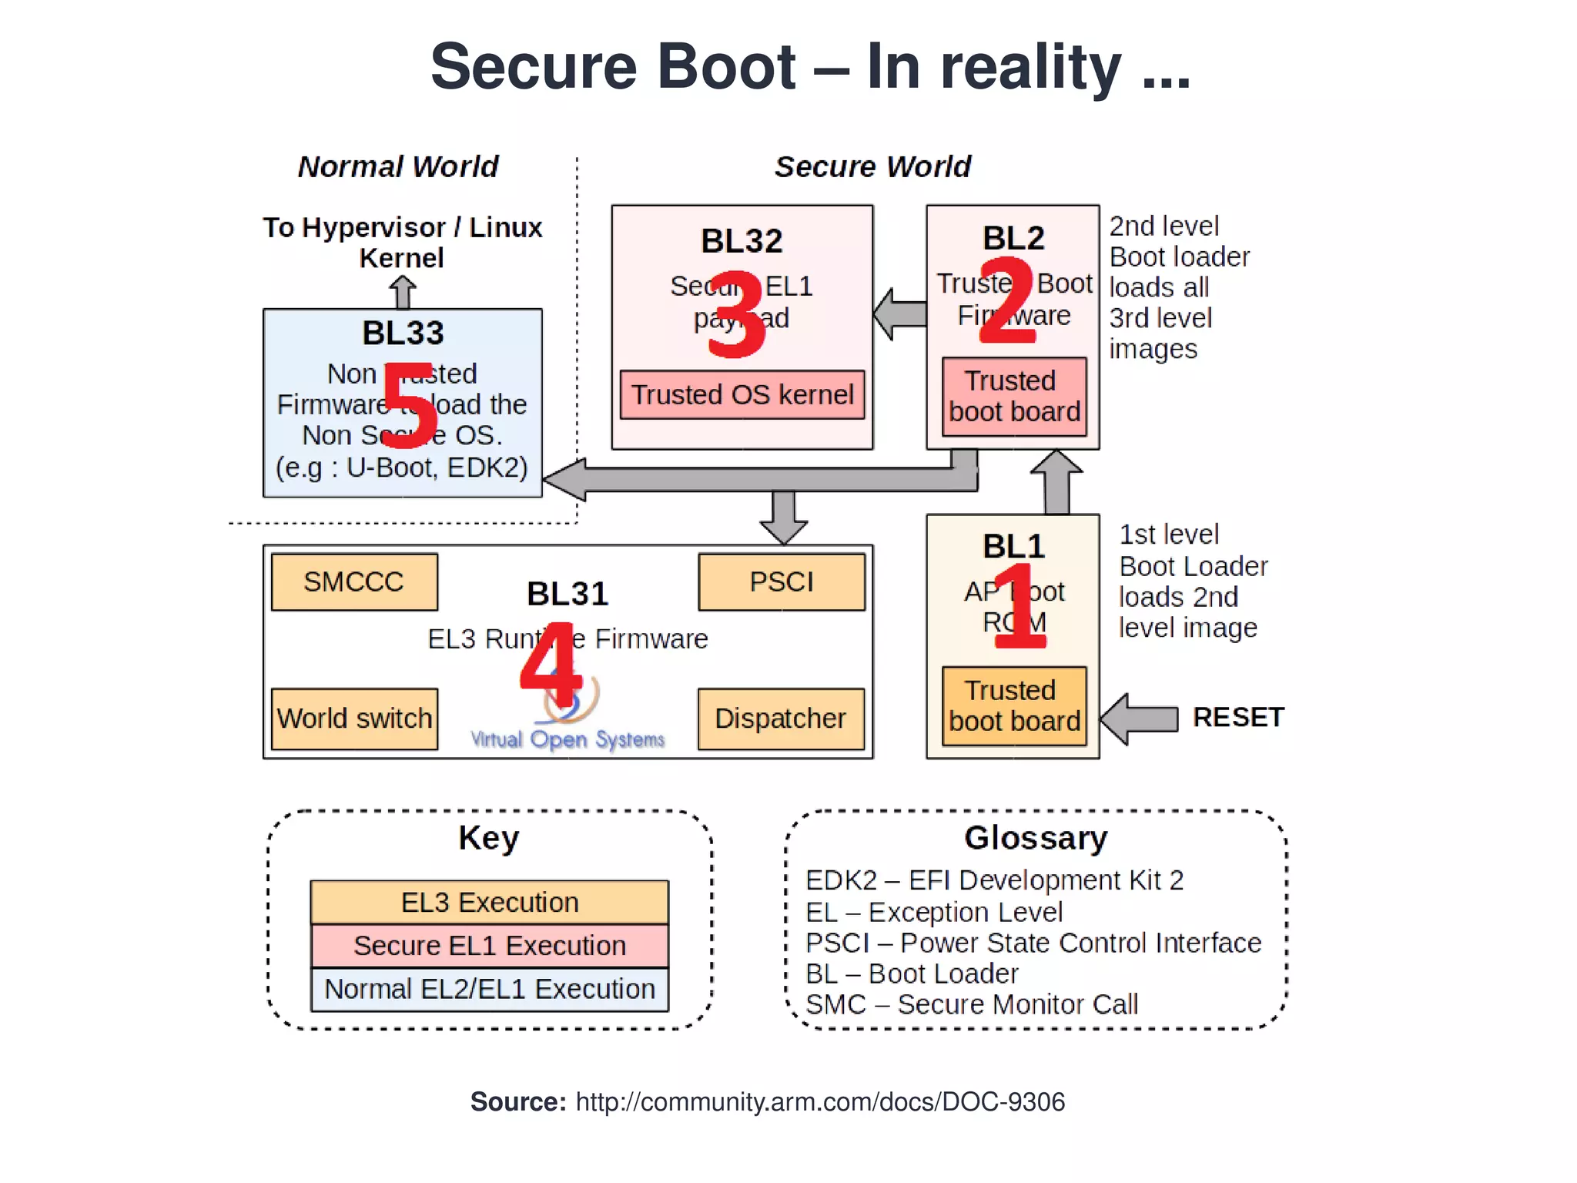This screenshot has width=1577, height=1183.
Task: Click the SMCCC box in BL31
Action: point(354,582)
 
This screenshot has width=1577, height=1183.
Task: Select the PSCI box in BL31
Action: point(782,582)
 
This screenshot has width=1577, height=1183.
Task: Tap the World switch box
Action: point(354,719)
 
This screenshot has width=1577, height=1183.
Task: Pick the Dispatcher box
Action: point(781,719)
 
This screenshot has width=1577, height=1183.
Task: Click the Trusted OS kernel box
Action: point(742,395)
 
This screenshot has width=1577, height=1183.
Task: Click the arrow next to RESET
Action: point(1140,719)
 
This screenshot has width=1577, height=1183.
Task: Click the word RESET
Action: point(1238,718)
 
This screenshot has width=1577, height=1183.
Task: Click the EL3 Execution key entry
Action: point(490,903)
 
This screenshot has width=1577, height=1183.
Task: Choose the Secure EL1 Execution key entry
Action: point(490,946)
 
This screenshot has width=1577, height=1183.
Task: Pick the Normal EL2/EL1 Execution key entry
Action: point(490,989)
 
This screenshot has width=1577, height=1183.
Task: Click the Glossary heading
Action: point(1036,838)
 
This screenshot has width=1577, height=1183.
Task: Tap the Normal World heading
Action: point(398,167)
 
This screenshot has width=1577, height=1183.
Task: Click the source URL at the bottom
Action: point(820,1102)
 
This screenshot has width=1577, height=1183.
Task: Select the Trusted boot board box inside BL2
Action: point(1014,397)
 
